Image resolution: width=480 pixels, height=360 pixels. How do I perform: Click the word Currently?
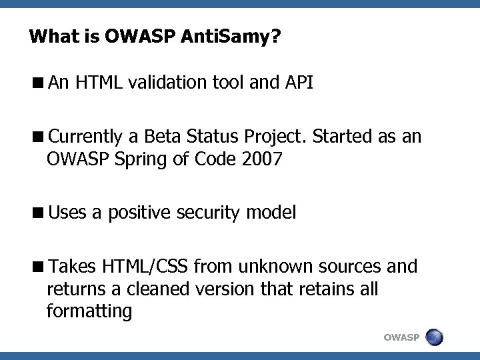point(85,138)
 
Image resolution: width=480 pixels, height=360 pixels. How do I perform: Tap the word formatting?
point(89,311)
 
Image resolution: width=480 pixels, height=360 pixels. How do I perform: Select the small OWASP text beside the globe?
point(401,337)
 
